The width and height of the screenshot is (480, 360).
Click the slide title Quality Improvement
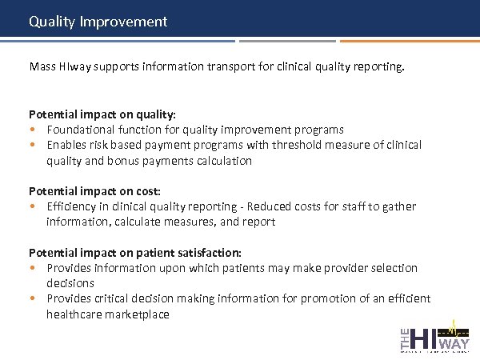click(x=98, y=22)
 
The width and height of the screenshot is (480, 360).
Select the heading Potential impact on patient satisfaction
click(x=135, y=253)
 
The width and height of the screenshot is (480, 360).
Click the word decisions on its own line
click(x=70, y=283)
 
